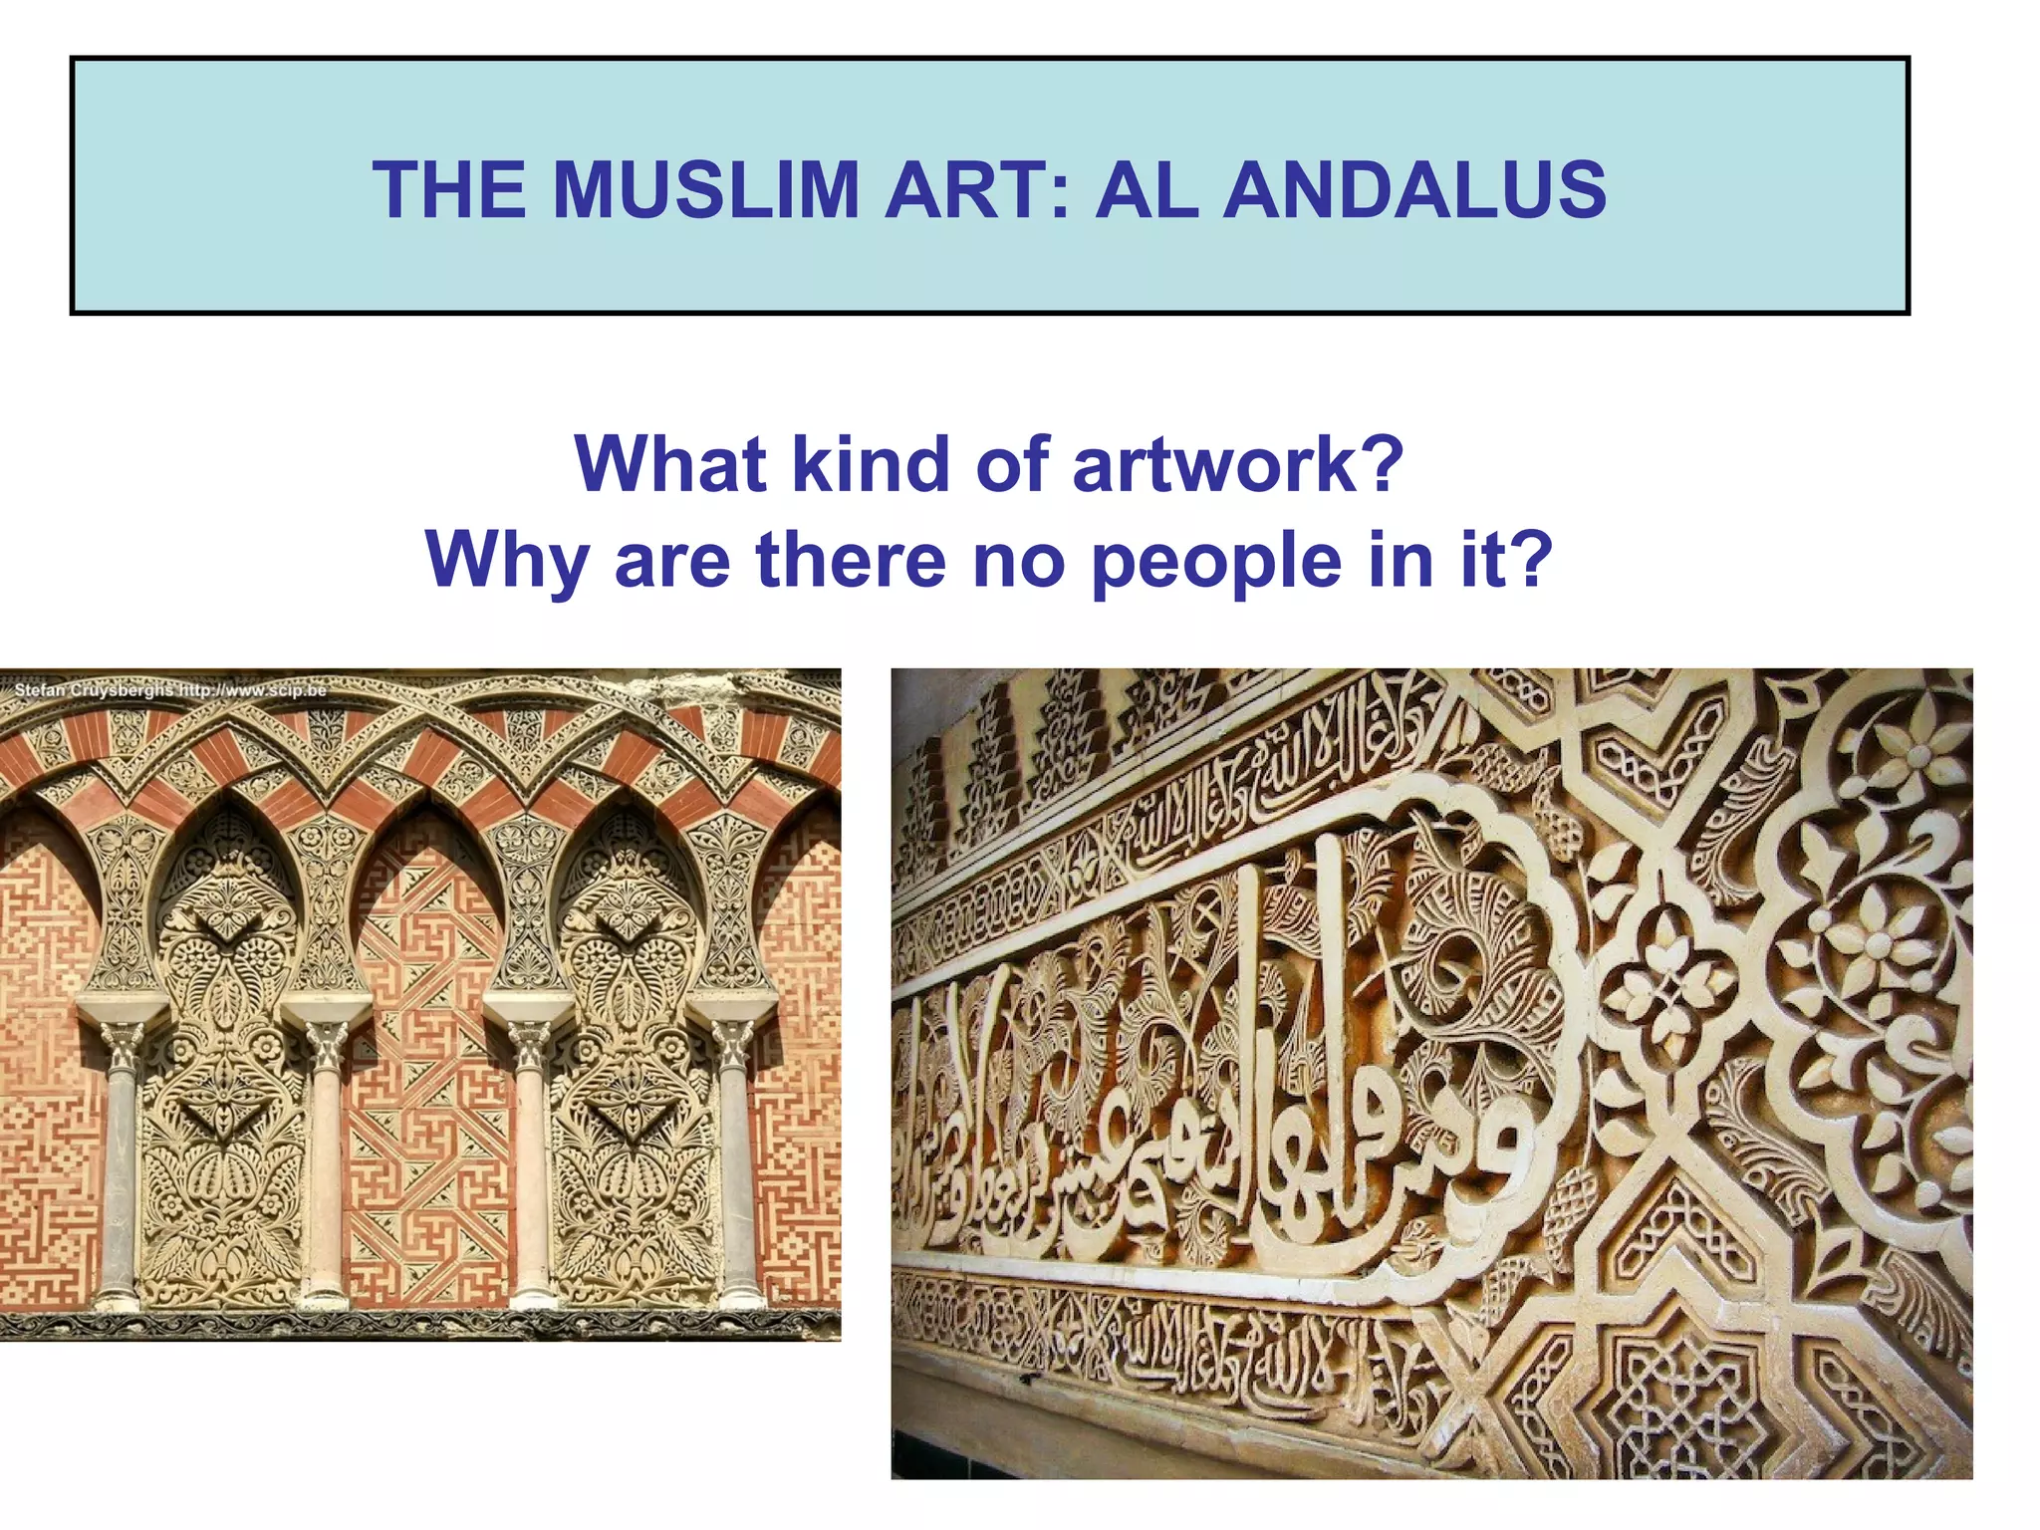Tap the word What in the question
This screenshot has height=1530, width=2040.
pos(670,465)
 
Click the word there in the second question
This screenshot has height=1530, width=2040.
pos(849,560)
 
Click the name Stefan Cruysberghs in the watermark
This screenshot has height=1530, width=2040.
pos(94,689)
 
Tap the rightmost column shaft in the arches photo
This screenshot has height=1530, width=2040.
pos(735,1175)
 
